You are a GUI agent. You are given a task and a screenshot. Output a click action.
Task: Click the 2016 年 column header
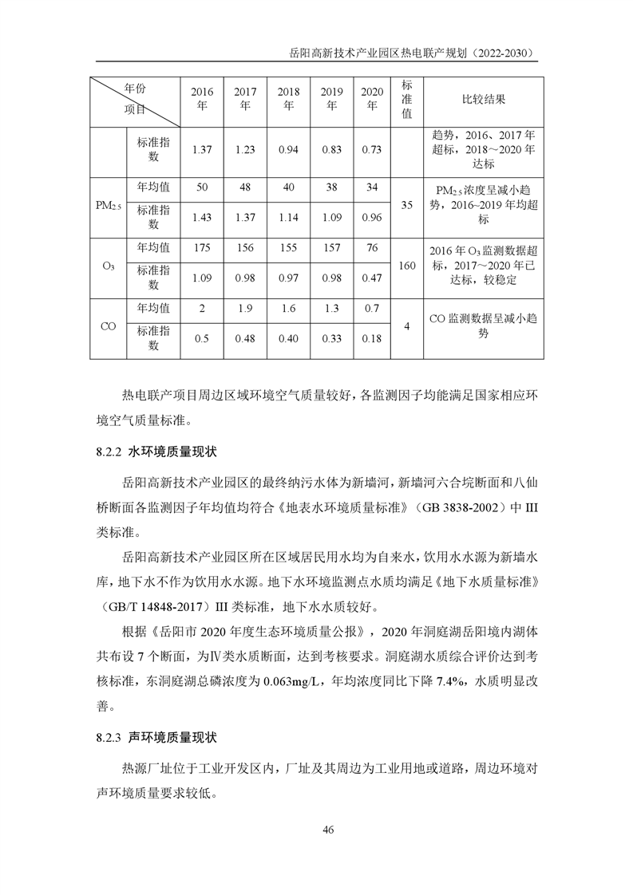coord(202,99)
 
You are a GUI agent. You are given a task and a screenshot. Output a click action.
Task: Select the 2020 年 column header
coord(372,99)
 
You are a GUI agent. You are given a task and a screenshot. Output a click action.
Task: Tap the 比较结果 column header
coord(483,99)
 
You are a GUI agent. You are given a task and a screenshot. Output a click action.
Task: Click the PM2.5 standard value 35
coord(406,206)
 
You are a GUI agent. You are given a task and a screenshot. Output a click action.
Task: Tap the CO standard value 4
coord(406,326)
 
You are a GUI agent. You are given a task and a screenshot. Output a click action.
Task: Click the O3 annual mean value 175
coord(202,248)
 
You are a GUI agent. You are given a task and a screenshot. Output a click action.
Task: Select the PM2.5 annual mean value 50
coord(202,187)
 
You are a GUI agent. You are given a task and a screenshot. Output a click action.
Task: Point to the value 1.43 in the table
coord(202,217)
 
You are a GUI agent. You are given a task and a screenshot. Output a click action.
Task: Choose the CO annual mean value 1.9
coord(245,308)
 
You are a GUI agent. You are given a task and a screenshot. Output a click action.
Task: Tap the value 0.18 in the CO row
coord(372,338)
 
